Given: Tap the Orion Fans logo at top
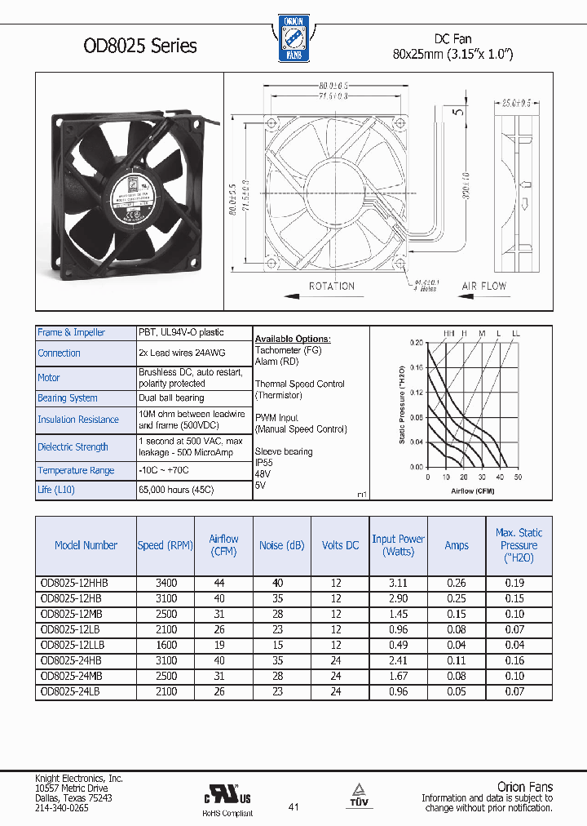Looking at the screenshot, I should [292, 38].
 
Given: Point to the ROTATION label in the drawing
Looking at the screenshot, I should [332, 286].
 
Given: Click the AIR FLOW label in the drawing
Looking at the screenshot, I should [483, 286].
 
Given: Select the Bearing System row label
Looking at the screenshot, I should [68, 398].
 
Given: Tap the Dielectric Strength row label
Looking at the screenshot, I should [73, 446].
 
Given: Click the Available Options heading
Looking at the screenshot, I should [293, 339].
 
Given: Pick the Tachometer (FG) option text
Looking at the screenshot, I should [289, 350].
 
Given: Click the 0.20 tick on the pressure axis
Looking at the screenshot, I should [417, 343].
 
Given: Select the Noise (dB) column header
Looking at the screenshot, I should [281, 545].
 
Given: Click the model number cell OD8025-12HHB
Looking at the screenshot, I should [74, 584].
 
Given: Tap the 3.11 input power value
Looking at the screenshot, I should [398, 584].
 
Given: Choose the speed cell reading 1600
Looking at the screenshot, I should [166, 645].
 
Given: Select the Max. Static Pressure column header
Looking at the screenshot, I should [519, 544].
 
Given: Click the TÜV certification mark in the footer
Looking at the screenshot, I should [359, 797].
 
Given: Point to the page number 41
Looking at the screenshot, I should [293, 807].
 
